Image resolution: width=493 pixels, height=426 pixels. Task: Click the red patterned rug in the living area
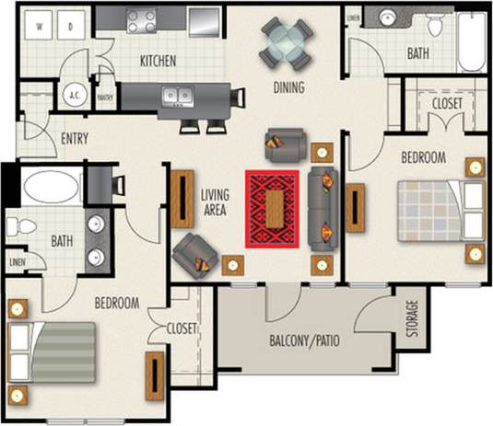(272, 209)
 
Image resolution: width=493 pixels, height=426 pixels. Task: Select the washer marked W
(40, 27)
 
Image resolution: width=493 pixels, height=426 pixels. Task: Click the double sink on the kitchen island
(175, 94)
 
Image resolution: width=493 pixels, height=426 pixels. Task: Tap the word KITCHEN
(158, 62)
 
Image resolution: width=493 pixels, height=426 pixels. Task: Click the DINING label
(288, 88)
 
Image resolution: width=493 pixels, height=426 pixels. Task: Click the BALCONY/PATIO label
(304, 340)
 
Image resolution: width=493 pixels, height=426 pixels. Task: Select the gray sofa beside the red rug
(323, 210)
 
